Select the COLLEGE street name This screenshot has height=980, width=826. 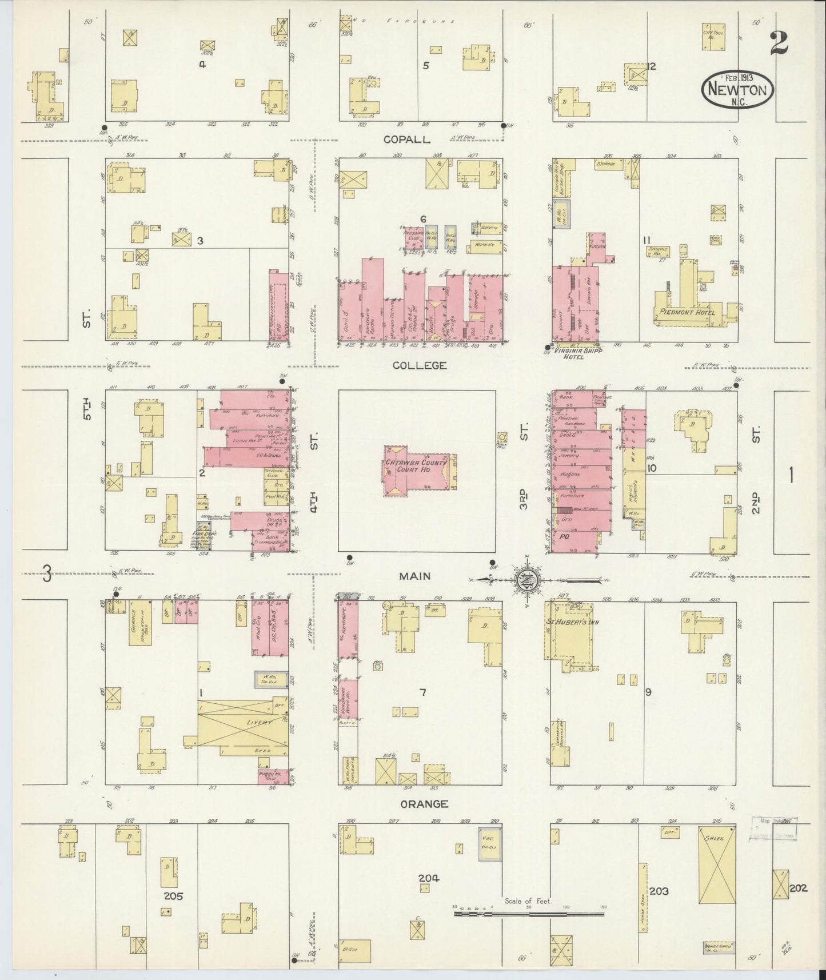pyautogui.click(x=423, y=365)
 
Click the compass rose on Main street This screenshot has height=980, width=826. pyautogui.click(x=524, y=579)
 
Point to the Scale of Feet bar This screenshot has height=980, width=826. pyautogui.click(x=529, y=914)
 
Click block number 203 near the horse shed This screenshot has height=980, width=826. pyautogui.click(x=659, y=891)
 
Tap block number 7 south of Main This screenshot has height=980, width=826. pyautogui.click(x=422, y=693)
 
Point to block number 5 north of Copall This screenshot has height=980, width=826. pyautogui.click(x=425, y=65)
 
